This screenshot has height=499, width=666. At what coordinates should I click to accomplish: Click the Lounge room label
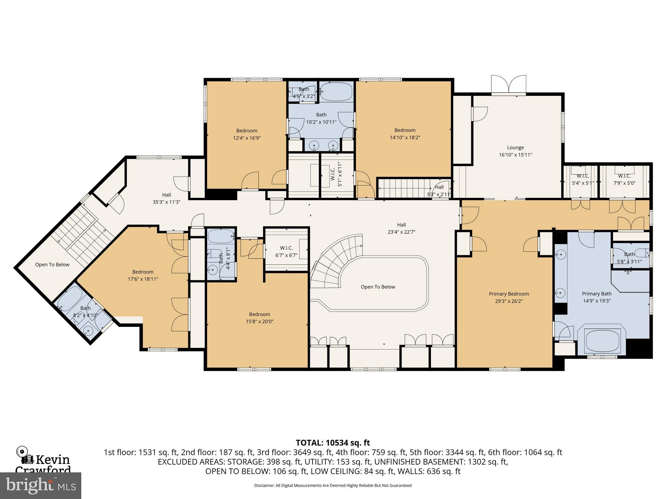(x=515, y=147)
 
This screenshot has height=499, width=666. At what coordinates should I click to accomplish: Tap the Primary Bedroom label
(x=509, y=294)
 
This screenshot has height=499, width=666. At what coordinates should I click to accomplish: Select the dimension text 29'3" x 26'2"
(x=509, y=301)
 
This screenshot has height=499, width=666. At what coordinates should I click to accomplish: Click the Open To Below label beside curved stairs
(x=378, y=287)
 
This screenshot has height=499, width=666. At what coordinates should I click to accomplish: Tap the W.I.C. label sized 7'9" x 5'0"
(x=624, y=176)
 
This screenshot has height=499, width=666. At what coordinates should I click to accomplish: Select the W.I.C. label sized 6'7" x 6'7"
(x=286, y=248)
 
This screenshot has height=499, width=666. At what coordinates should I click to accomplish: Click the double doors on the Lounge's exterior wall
(x=509, y=85)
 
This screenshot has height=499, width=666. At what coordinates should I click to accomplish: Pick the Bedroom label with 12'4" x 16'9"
(x=246, y=131)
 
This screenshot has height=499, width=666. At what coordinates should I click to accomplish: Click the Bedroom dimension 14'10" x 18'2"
(x=405, y=137)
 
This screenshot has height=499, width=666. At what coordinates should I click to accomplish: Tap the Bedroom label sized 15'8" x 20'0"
(x=260, y=314)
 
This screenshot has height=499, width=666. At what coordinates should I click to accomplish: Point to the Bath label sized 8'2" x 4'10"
(x=86, y=308)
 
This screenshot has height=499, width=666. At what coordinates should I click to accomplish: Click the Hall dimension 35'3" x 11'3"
(x=166, y=202)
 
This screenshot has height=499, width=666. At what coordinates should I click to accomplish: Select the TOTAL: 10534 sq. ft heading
(x=333, y=443)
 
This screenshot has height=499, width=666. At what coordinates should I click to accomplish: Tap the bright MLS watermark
(x=40, y=485)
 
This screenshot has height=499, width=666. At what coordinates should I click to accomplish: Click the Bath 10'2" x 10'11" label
(x=321, y=115)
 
